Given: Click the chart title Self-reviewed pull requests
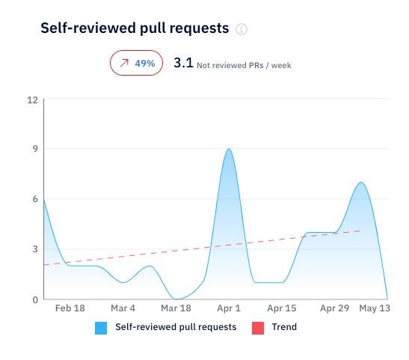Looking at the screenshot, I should (134, 28).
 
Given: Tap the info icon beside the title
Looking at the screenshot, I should (241, 30).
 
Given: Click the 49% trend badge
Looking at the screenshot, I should (136, 64).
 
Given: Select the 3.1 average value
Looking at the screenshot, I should (183, 64).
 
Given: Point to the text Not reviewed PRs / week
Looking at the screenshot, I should (244, 65).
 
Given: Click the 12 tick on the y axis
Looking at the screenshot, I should (32, 100).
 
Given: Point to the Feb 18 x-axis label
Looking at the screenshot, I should (70, 308).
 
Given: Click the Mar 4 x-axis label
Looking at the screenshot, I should (123, 308).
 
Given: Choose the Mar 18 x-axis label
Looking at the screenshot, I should (175, 308).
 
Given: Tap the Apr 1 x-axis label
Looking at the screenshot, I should (229, 308).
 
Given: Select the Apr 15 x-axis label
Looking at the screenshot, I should (281, 308).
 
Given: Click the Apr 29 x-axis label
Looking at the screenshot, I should (334, 308).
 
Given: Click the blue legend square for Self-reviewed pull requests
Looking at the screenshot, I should (101, 327).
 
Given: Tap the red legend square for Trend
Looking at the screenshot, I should (257, 327).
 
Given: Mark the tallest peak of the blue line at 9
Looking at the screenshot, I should (229, 149).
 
